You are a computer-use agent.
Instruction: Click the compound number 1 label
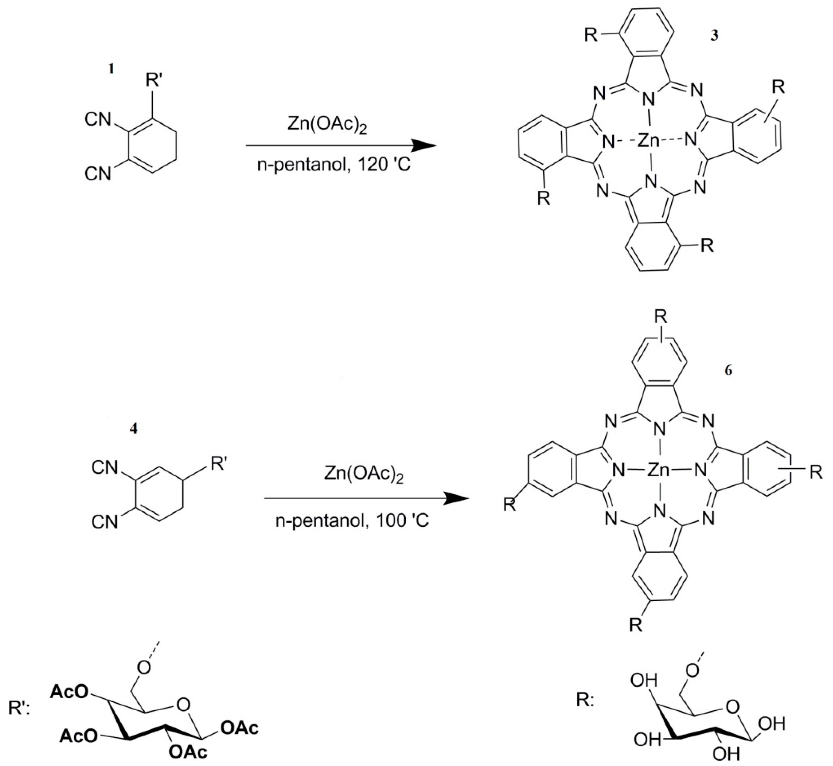pos(110,69)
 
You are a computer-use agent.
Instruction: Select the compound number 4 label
pos(133,428)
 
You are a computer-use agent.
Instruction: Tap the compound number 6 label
pos(728,370)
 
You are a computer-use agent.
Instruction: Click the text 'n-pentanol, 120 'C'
pos(334,165)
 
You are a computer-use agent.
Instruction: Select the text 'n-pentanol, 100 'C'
pos(352,520)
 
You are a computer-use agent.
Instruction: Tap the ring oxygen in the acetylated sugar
pos(183,704)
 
